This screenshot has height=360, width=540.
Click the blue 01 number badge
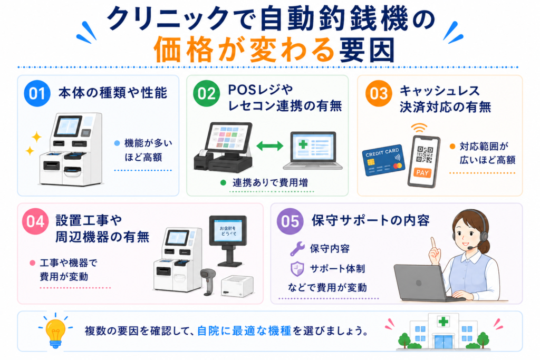[x=37, y=93]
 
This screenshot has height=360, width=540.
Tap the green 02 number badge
[x=206, y=93]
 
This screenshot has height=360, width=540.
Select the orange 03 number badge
[x=379, y=93]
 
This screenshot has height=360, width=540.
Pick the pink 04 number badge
[x=35, y=221]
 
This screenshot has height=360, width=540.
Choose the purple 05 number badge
[x=290, y=221]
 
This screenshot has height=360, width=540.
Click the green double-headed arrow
[x=270, y=146]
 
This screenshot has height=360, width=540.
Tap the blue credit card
[x=383, y=160]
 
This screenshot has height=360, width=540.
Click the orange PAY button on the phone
[x=422, y=172]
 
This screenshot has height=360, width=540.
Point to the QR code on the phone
[x=425, y=154]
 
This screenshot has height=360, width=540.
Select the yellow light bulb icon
[x=55, y=332]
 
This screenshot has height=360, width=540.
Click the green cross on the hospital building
[x=443, y=322]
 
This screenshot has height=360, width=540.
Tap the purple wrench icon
[x=297, y=248]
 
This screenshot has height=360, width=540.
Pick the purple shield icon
[x=297, y=269]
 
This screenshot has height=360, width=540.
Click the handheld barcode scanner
[x=208, y=281]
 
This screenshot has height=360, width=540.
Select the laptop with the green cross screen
[x=312, y=150]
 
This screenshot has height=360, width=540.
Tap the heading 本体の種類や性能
[x=113, y=93]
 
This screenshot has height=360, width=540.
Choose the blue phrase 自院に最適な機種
[x=244, y=331]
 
